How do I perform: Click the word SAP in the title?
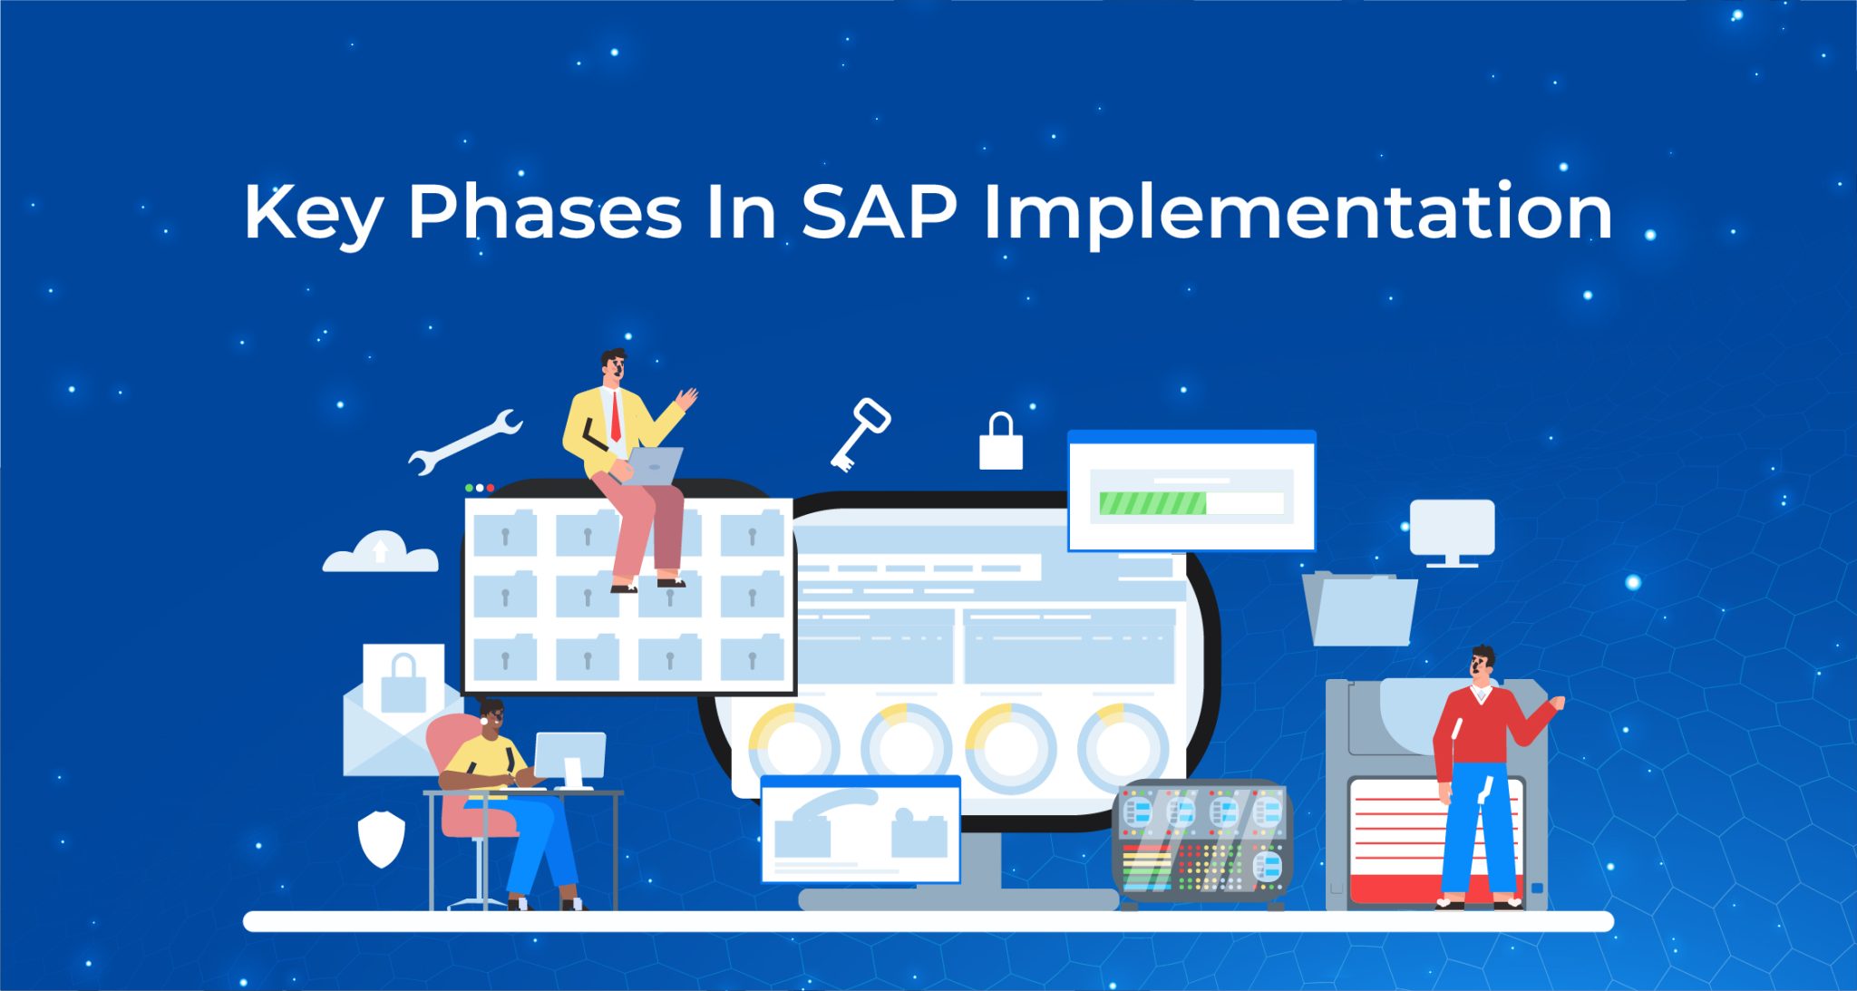[x=879, y=213]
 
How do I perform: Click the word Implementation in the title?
[x=1298, y=213]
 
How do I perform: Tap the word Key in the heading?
[x=313, y=213]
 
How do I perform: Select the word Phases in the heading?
[x=544, y=213]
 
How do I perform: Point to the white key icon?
[x=859, y=433]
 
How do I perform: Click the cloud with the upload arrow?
[x=381, y=552]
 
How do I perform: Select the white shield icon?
[x=381, y=839]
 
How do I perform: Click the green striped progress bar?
[x=1152, y=503]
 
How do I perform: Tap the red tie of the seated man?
[x=616, y=417]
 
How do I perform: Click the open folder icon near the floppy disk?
[x=1360, y=609]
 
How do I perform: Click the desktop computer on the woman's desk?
[x=569, y=758]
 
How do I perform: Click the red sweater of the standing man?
[x=1478, y=730]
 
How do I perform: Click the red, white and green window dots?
[x=480, y=488]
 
